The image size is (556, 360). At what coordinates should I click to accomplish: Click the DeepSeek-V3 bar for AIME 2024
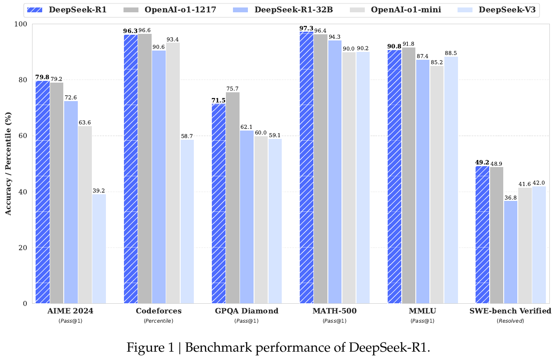coord(99,248)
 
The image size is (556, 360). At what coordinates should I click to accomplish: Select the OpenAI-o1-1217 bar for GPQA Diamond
coord(233,198)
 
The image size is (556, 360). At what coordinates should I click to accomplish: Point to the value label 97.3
coord(306,29)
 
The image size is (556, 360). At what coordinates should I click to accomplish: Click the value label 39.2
coord(99,191)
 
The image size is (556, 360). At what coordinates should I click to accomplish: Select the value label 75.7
coord(233,89)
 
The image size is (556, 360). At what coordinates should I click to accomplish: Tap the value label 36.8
coord(511,198)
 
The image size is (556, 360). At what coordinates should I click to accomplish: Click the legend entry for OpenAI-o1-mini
coord(403,10)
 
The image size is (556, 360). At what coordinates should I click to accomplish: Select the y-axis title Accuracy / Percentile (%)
coord(8,164)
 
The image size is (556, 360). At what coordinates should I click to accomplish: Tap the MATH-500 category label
coord(334,311)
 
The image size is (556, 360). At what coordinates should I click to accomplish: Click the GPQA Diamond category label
coord(247,311)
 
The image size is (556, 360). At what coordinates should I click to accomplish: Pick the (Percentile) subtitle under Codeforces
coord(159,321)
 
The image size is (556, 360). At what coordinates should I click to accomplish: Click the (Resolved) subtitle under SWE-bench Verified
coord(510,321)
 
